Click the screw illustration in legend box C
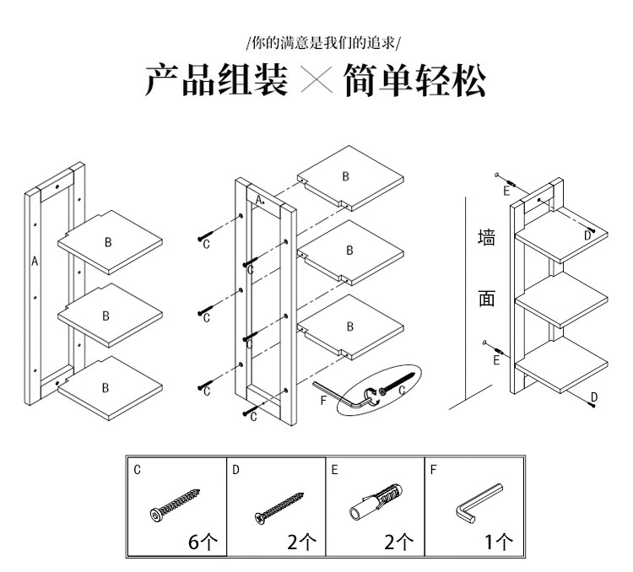click(176, 505)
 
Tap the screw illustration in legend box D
click(278, 505)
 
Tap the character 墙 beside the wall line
click(487, 238)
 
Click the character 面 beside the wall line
click(487, 299)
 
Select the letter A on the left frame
click(35, 262)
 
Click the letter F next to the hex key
click(323, 400)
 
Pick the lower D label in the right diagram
click(593, 397)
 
